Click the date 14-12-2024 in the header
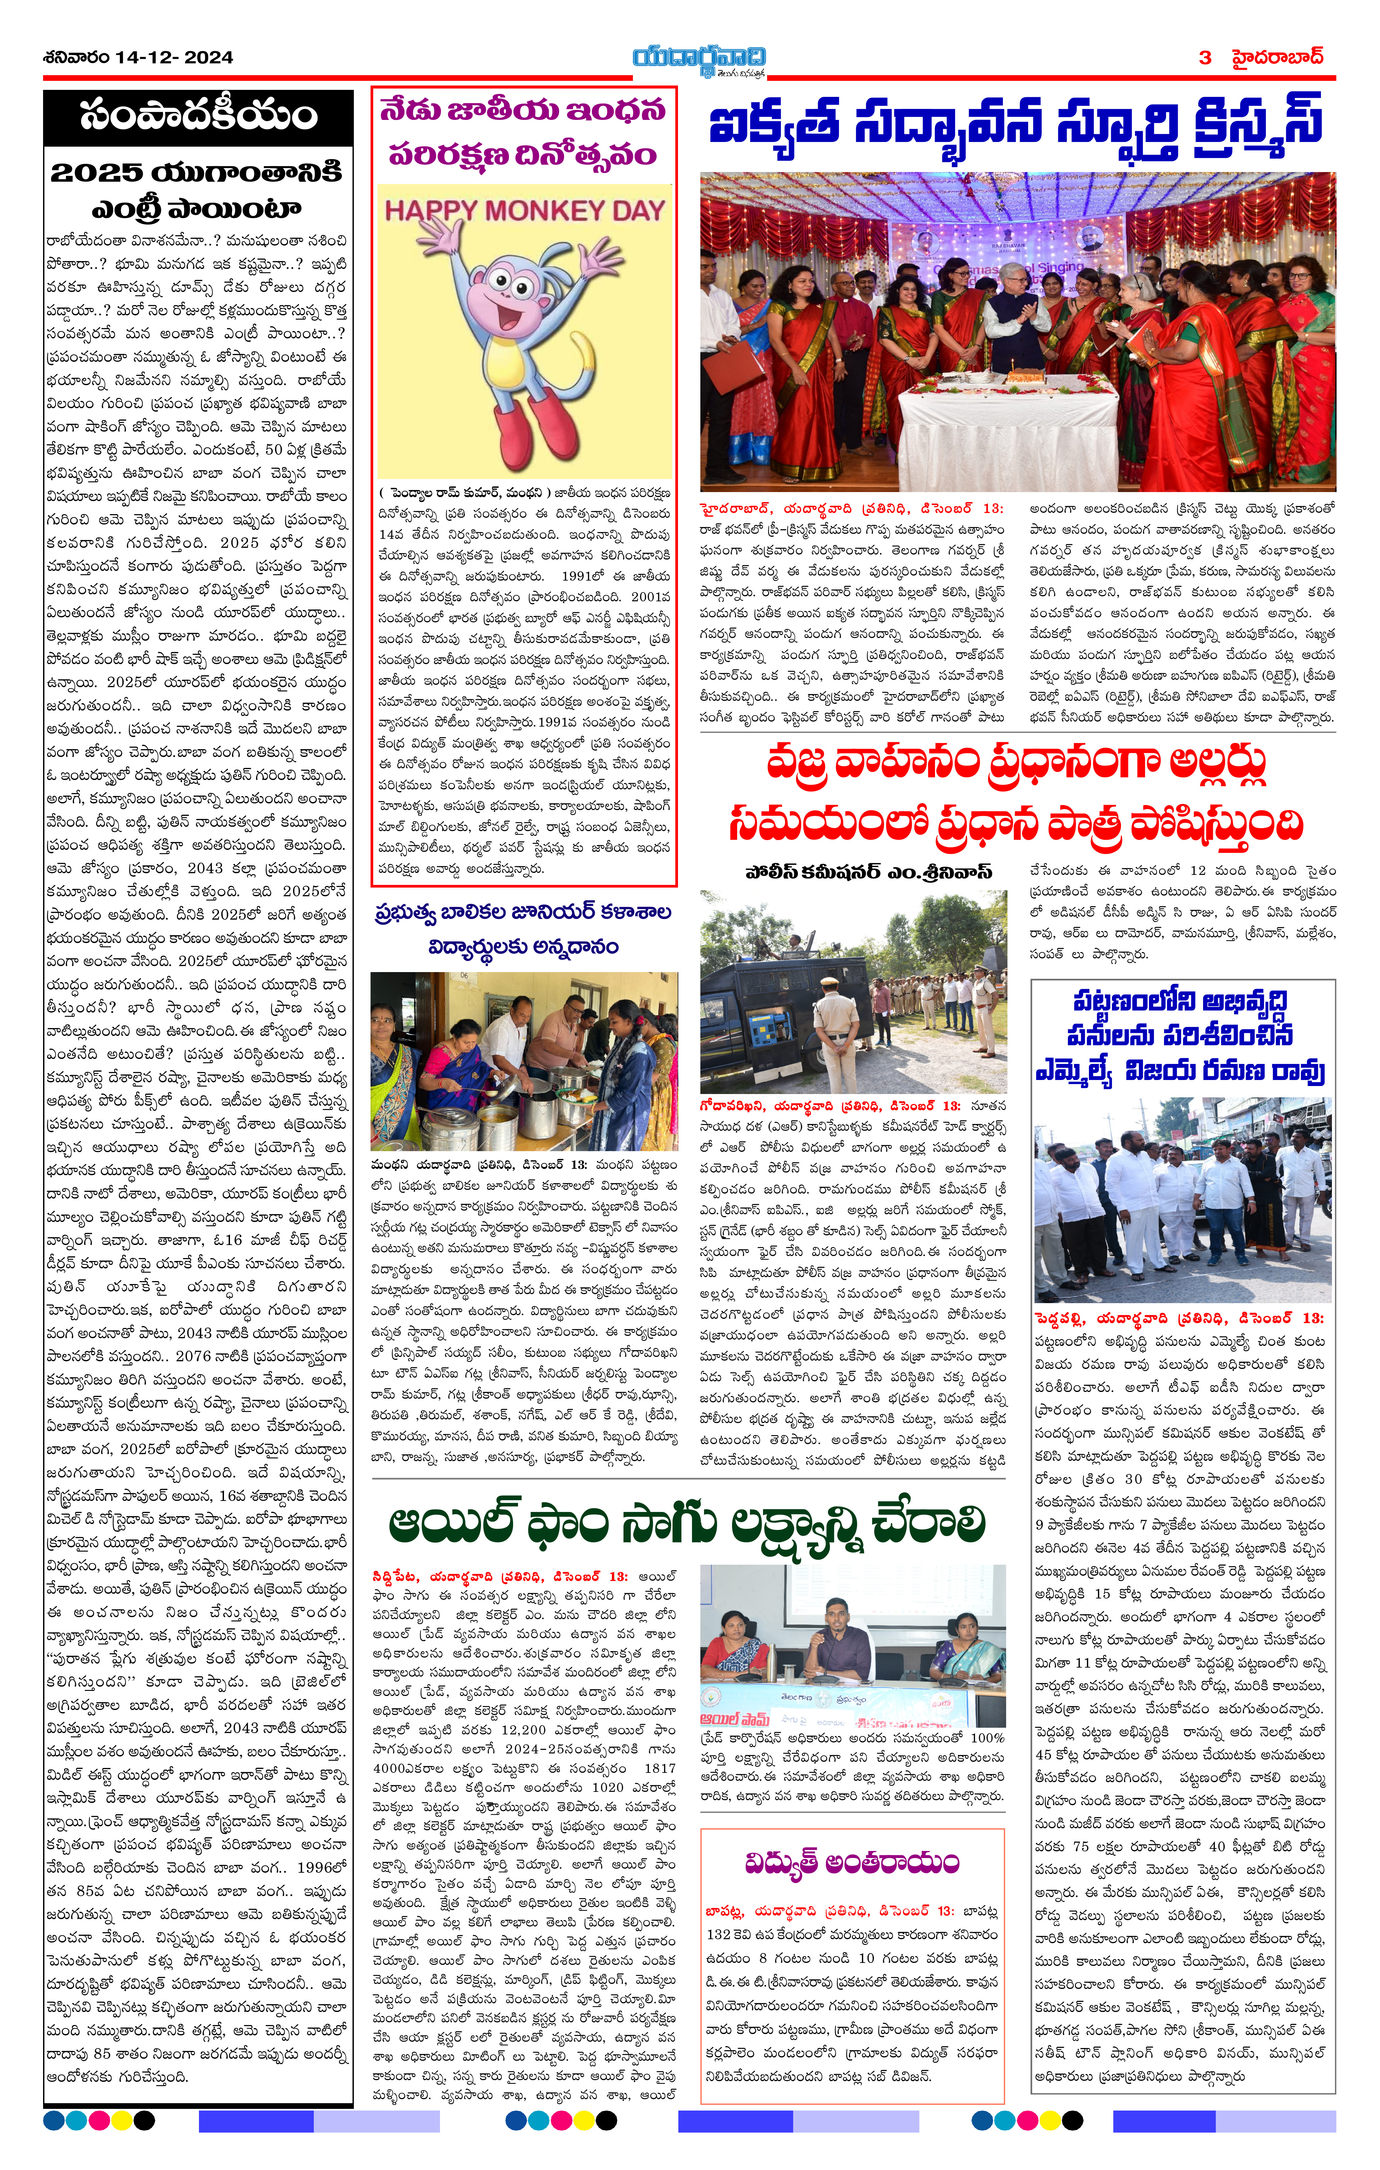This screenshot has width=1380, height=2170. point(174,58)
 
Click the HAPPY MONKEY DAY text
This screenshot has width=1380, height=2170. point(524,211)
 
